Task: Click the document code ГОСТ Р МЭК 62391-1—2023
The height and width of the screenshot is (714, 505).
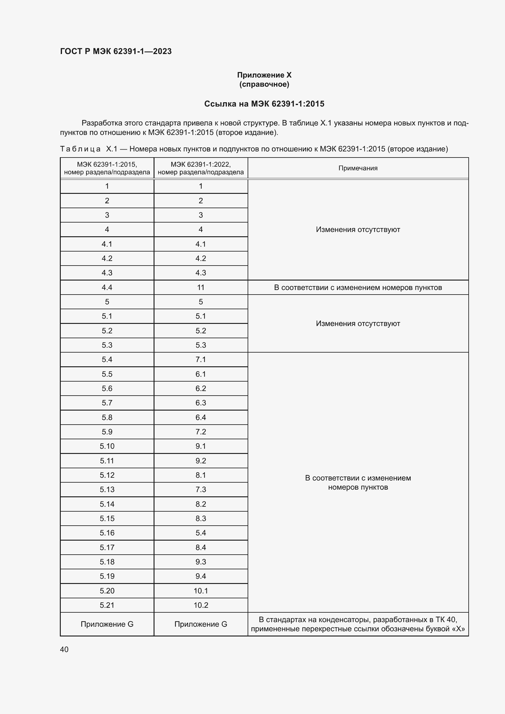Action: (116, 51)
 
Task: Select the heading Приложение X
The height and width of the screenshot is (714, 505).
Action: (264, 75)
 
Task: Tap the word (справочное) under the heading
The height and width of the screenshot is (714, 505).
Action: (264, 84)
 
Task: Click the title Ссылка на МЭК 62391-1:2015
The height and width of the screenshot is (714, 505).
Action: (264, 104)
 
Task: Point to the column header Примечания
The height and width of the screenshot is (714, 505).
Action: (358, 168)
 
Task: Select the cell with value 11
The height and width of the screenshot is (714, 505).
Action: (201, 287)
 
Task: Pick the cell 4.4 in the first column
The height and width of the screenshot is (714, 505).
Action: (107, 287)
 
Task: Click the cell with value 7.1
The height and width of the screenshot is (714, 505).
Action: (201, 360)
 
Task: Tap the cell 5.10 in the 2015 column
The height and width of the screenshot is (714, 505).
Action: (107, 446)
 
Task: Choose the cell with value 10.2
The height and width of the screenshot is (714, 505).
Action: (201, 605)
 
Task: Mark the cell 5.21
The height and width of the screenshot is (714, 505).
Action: (107, 605)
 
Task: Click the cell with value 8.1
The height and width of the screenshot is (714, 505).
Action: (201, 475)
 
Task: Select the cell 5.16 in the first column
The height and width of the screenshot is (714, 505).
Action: (107, 533)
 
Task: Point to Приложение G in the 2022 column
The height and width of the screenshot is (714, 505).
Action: (201, 624)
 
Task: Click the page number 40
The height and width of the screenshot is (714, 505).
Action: (64, 649)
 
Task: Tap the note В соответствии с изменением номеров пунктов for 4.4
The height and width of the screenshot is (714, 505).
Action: (358, 287)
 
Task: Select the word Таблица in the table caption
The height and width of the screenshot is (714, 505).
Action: (80, 149)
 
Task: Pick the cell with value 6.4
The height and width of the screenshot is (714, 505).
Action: (201, 417)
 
